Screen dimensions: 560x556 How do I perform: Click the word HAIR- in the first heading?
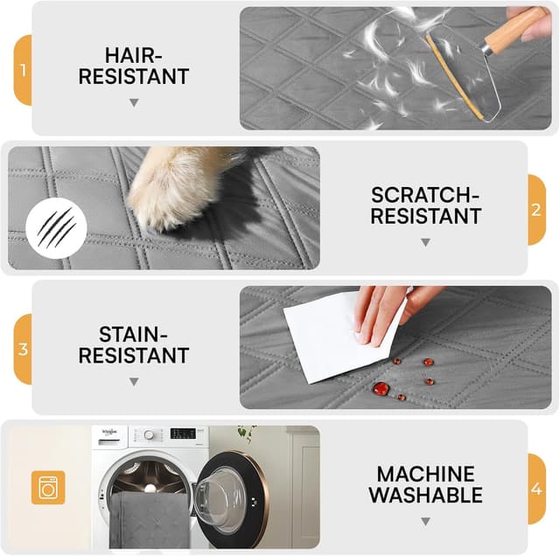[x=134, y=55]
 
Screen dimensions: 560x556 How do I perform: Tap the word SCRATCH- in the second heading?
[x=425, y=195]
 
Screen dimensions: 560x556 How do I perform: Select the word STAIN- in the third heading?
[x=133, y=334]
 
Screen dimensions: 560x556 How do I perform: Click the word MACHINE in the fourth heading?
[x=426, y=475]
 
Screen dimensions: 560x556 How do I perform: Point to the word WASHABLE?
[x=426, y=495]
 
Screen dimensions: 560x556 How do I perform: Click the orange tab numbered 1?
[x=23, y=70]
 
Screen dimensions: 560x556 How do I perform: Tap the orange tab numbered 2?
[x=536, y=210]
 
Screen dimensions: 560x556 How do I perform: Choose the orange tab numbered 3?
[x=23, y=350]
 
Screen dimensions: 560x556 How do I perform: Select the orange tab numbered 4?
[x=536, y=489]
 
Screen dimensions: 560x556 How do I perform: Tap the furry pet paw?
[x=168, y=185]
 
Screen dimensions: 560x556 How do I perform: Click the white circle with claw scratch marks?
[x=56, y=228]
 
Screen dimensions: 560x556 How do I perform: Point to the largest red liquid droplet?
[x=381, y=388]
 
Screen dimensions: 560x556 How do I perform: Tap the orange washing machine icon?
[x=48, y=488]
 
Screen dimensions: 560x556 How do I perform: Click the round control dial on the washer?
[x=149, y=435]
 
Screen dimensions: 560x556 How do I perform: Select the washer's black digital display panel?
[x=183, y=434]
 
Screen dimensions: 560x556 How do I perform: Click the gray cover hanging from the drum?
[x=150, y=520]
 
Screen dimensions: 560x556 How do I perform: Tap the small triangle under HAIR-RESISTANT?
[x=134, y=103]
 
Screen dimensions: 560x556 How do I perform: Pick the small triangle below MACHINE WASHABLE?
[x=425, y=521]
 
